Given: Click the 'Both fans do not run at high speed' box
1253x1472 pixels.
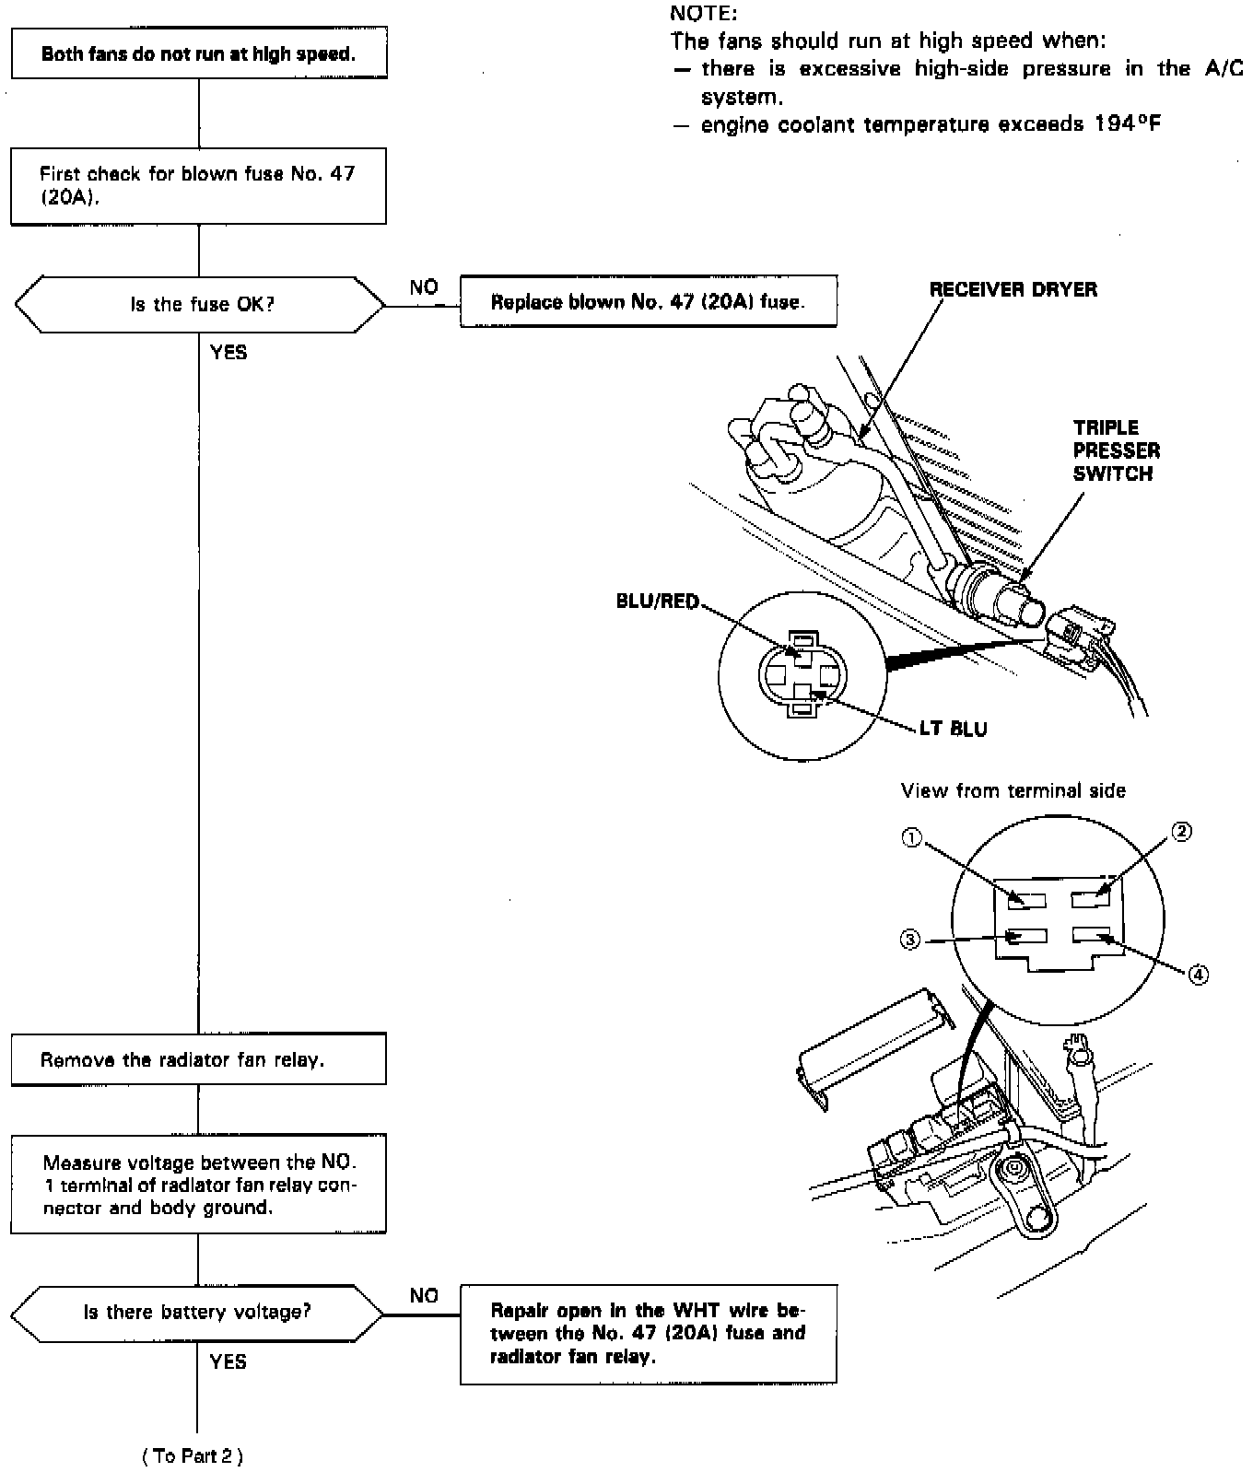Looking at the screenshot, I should tap(198, 53).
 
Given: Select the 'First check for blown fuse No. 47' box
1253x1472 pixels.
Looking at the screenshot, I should tap(198, 185).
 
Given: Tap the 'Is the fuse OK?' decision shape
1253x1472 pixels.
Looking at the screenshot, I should tap(200, 304).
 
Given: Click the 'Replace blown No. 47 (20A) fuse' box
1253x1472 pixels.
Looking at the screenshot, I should tap(648, 301).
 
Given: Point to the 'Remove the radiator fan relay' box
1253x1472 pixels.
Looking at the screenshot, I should tap(198, 1059).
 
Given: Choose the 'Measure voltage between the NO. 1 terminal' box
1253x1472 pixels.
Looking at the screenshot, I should tap(198, 1185).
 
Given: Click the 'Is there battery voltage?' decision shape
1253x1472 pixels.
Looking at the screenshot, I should tap(198, 1312).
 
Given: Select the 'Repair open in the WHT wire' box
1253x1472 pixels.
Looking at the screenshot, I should tap(649, 1334).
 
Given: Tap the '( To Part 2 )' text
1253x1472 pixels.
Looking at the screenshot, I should tap(193, 1455).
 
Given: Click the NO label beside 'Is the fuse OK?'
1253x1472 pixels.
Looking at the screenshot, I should tap(424, 287).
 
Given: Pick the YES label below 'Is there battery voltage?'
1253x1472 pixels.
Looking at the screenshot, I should tap(228, 1361).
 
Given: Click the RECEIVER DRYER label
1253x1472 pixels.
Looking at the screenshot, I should tap(1013, 289).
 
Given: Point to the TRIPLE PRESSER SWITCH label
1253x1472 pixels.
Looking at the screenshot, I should tap(1116, 450).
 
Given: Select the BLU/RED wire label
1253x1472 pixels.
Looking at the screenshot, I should tap(657, 602).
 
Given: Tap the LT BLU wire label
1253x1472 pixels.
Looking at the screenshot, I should tap(953, 729).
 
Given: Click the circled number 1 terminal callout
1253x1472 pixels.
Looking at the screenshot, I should tap(910, 838).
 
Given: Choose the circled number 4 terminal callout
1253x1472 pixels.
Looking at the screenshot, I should tap(1198, 974).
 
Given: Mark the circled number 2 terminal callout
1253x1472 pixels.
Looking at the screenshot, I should tap(1181, 832).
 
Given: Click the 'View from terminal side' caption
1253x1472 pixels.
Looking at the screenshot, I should tap(1013, 790).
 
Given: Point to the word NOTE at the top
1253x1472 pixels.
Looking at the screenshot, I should tap(704, 13).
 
